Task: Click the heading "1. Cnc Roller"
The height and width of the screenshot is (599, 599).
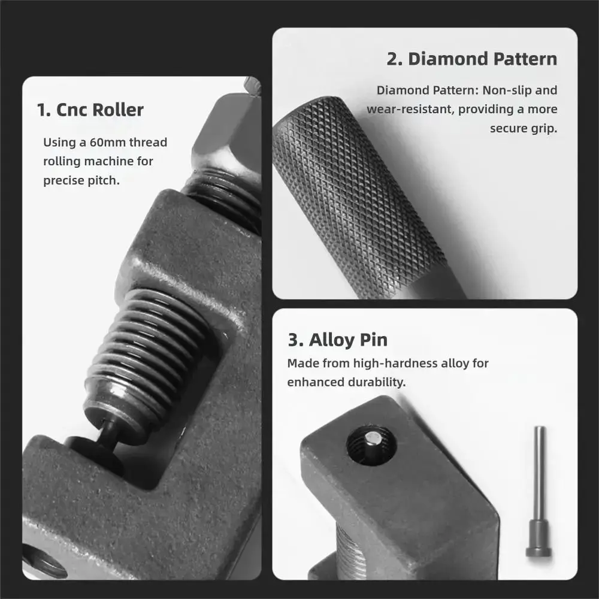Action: pyautogui.click(x=90, y=110)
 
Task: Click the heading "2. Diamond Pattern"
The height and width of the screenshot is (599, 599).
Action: pyautogui.click(x=472, y=59)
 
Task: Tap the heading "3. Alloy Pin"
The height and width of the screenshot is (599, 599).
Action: pyautogui.click(x=337, y=340)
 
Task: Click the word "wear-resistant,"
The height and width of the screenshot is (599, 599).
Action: pyautogui.click(x=410, y=109)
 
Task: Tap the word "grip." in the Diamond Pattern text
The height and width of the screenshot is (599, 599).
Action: pyautogui.click(x=543, y=129)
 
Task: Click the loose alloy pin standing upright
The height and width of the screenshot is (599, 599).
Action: pyautogui.click(x=539, y=491)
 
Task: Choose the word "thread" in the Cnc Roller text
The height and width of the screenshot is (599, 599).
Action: pyautogui.click(x=148, y=142)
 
